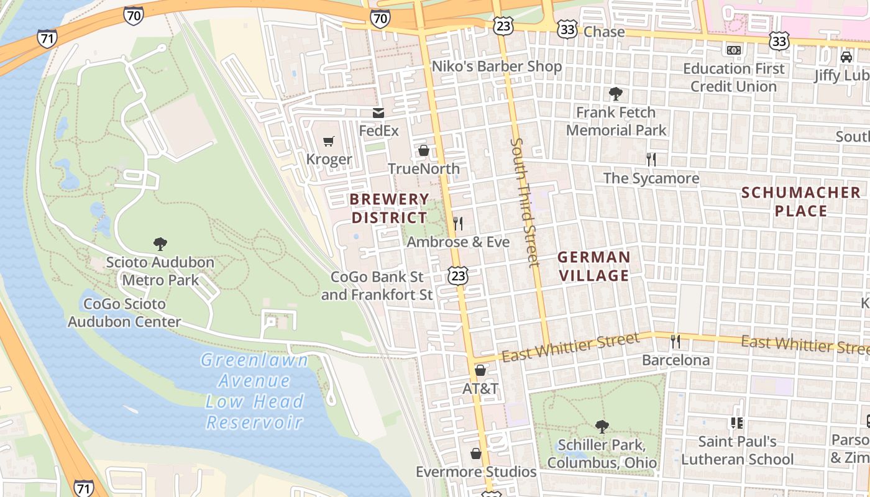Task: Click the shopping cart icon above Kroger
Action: click(x=329, y=142)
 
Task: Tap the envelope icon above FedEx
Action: click(x=378, y=113)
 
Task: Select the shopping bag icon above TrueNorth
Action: click(x=424, y=150)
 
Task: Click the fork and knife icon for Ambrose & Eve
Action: click(x=458, y=224)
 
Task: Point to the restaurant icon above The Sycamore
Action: click(x=651, y=160)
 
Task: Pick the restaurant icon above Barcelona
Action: click(x=675, y=342)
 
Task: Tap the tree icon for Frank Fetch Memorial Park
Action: click(x=616, y=94)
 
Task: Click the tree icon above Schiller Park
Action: click(x=602, y=427)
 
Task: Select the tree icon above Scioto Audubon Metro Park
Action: click(x=160, y=244)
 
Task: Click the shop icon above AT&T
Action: click(x=480, y=371)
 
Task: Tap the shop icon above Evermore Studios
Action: click(x=476, y=454)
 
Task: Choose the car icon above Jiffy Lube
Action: click(x=846, y=57)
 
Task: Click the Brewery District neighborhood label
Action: click(x=389, y=209)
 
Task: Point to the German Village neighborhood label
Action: click(x=593, y=266)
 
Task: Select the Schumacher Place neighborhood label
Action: click(x=801, y=202)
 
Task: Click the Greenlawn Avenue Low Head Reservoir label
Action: click(x=255, y=391)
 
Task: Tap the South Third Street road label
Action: click(x=524, y=202)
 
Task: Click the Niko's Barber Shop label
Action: click(x=497, y=66)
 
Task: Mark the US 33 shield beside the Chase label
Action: click(x=567, y=29)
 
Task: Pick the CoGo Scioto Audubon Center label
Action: click(x=124, y=313)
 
